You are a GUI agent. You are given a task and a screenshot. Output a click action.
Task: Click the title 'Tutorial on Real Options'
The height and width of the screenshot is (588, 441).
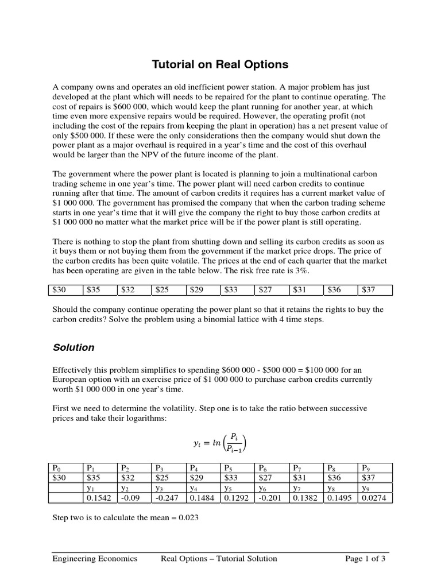[220, 64]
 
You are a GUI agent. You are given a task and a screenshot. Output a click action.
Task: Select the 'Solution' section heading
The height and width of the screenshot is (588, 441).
[73, 347]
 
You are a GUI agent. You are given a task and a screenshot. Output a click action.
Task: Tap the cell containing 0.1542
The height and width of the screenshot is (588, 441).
[99, 498]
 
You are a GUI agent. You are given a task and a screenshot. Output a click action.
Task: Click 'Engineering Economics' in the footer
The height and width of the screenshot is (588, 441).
[95, 558]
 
